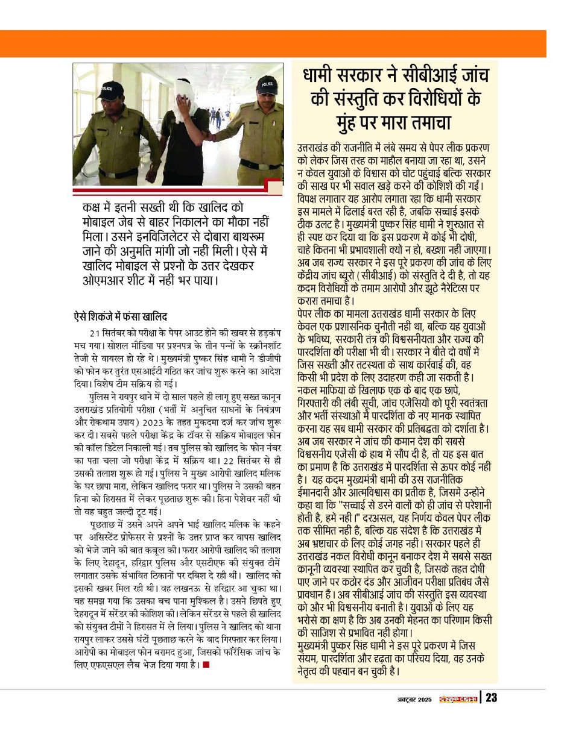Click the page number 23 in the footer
point(491,698)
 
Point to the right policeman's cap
point(265,85)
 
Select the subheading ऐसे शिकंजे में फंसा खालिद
point(120,316)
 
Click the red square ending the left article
point(206,665)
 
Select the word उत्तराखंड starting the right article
point(320,148)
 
